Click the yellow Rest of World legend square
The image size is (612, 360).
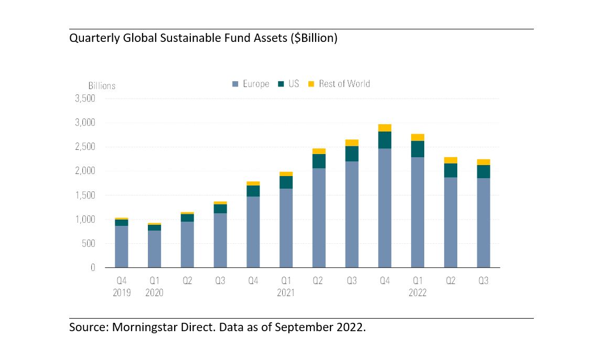point(311,84)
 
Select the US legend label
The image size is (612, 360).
point(294,84)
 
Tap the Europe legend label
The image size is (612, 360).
point(256,84)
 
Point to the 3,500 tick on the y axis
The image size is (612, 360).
point(85,99)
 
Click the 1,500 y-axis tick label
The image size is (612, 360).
point(85,195)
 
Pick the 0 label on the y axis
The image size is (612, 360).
point(93,268)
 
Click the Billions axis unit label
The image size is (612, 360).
point(102,86)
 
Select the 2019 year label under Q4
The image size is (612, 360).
point(122,292)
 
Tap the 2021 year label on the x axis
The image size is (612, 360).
point(286,292)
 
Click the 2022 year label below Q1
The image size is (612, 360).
point(417,292)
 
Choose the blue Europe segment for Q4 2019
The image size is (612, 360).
point(121,246)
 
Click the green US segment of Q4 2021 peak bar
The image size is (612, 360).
point(385,140)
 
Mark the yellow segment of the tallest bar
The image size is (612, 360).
point(385,128)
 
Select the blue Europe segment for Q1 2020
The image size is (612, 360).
point(155,249)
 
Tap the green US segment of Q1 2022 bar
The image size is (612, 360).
point(417,149)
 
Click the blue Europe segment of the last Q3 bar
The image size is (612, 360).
point(484,223)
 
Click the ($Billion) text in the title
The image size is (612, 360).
point(314,38)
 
